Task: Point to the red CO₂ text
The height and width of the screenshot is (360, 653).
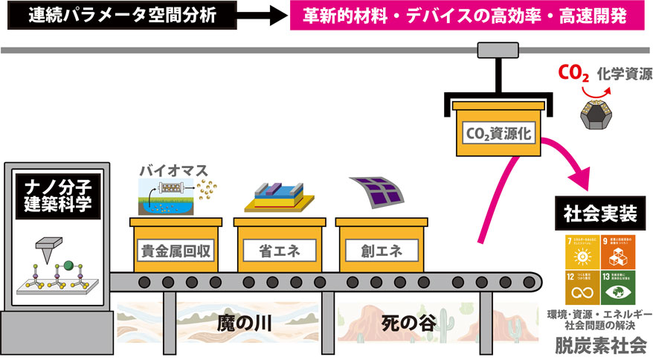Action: point(575,74)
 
